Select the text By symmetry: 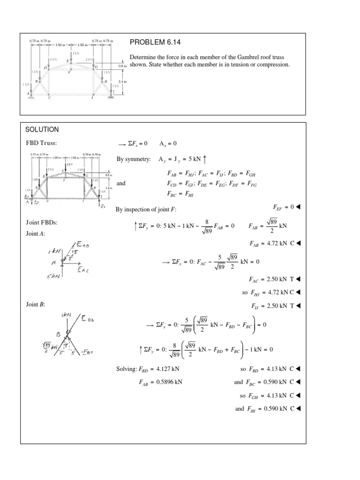coord(134,160)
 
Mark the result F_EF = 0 coord(284,207)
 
